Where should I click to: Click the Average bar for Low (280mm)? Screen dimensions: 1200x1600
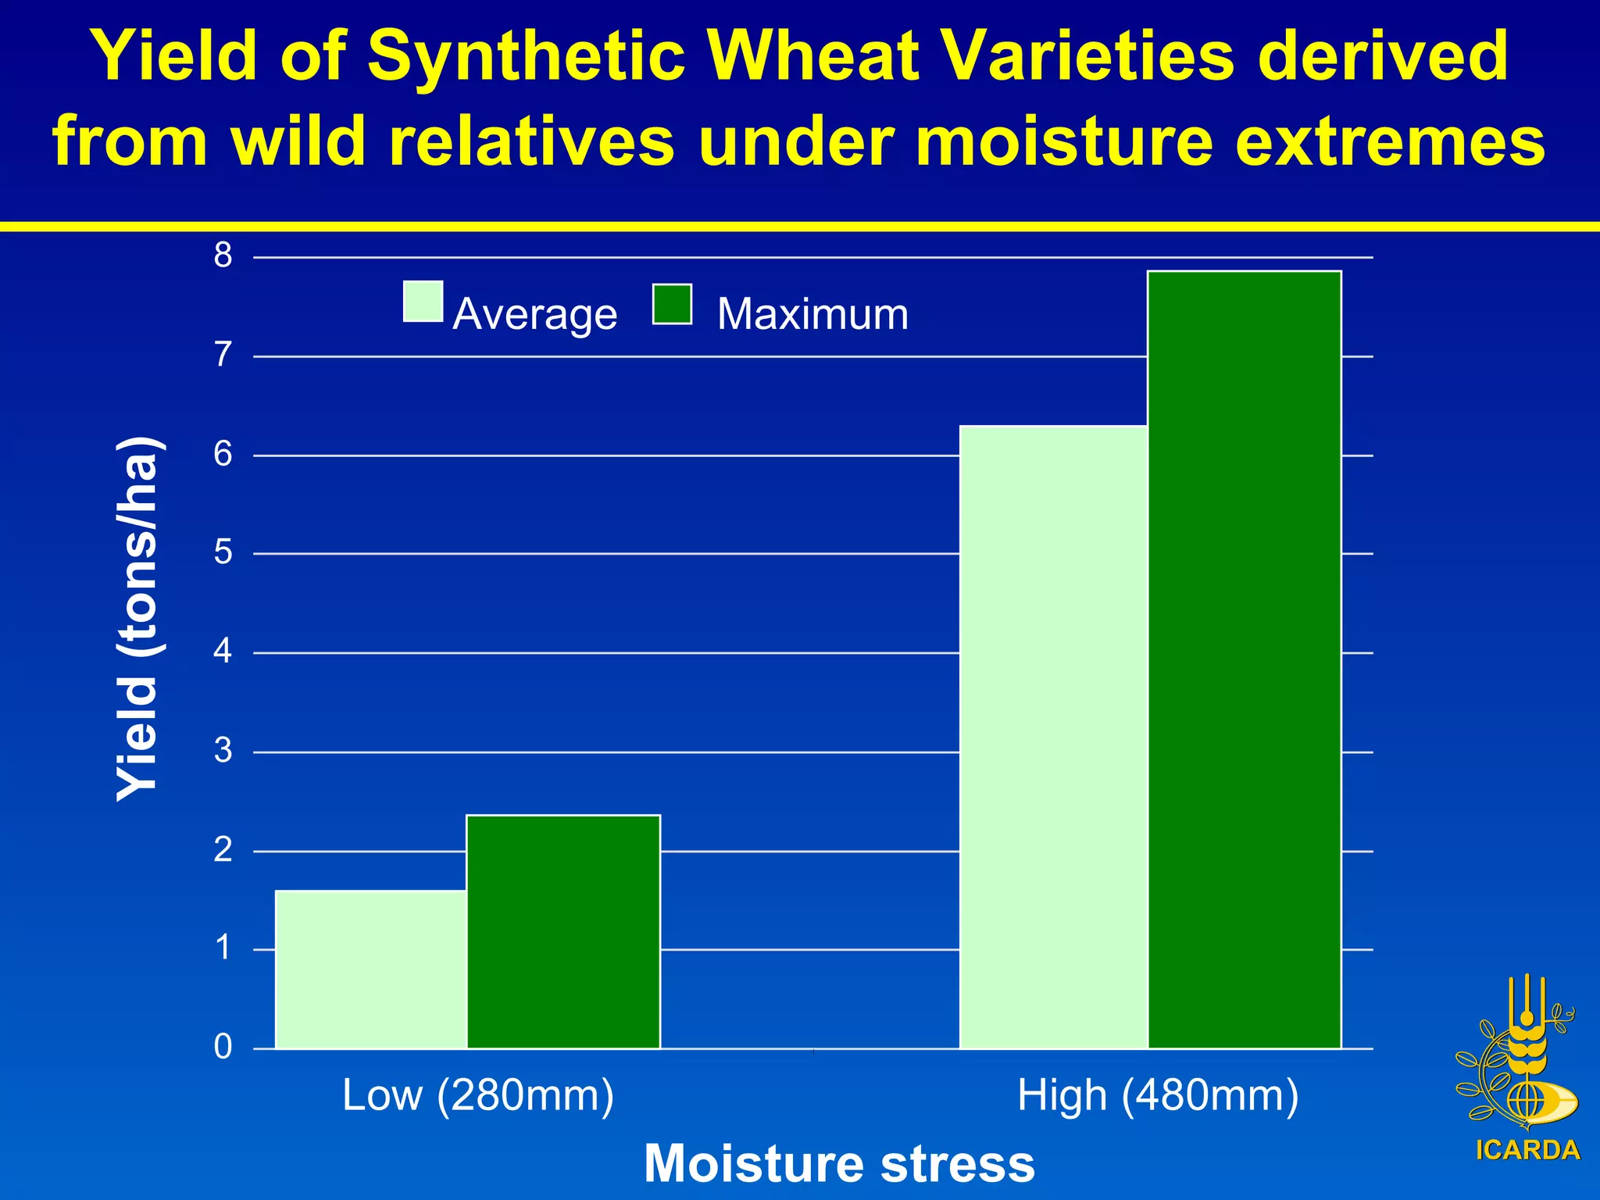pyautogui.click(x=371, y=969)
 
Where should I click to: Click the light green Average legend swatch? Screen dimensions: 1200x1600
pyautogui.click(x=423, y=302)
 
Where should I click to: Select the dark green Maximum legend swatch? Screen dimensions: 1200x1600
pyautogui.click(x=672, y=305)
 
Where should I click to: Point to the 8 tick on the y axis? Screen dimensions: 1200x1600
pyautogui.click(x=223, y=255)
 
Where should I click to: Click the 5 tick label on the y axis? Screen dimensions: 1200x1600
pyautogui.click(x=223, y=553)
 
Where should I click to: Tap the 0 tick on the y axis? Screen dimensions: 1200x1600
pyautogui.click(x=223, y=1047)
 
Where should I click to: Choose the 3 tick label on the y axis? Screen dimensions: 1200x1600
pyautogui.click(x=223, y=751)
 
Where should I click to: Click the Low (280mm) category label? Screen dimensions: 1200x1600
pyautogui.click(x=478, y=1095)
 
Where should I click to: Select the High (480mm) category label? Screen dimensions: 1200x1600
pyautogui.click(x=1158, y=1095)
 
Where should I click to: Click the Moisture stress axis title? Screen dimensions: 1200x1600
pyautogui.click(x=839, y=1163)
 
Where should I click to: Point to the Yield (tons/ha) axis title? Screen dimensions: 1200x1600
pyautogui.click(x=138, y=618)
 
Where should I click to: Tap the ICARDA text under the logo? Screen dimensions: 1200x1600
pyautogui.click(x=1528, y=1150)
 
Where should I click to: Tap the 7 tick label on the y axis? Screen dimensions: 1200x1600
pyautogui.click(x=223, y=355)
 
